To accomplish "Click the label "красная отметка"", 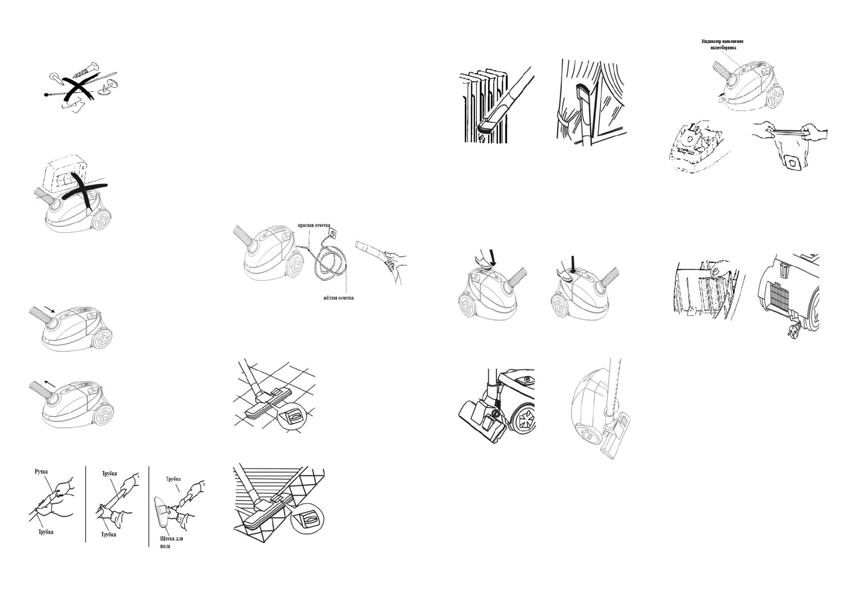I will tap(314, 225).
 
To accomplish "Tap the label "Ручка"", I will tap(41, 472).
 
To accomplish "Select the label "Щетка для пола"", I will tap(168, 542).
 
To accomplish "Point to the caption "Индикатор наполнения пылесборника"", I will tap(725, 44).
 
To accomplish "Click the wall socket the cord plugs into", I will tap(333, 233).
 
